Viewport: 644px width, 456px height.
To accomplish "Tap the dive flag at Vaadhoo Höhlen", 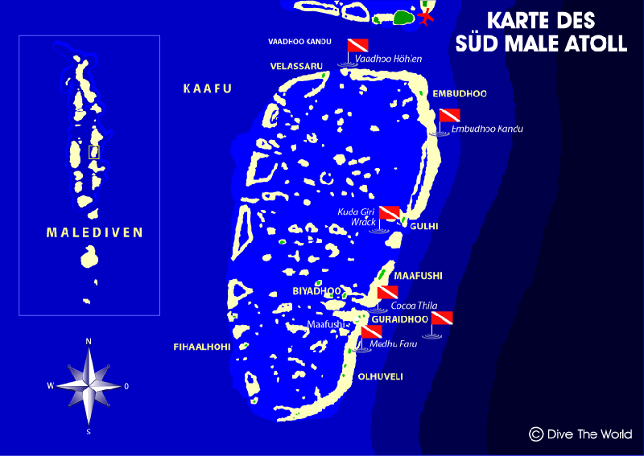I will point(357,45).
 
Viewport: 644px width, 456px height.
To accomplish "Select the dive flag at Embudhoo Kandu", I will point(449,115).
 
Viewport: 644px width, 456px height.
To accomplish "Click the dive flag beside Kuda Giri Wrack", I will point(390,212).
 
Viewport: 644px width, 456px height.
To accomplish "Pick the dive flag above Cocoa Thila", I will point(388,292).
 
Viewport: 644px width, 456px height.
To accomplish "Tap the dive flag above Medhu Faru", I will point(371,331).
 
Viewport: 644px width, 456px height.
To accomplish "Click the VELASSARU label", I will point(296,66).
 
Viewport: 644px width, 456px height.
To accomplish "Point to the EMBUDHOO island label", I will point(460,94).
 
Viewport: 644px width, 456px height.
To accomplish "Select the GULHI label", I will point(423,227).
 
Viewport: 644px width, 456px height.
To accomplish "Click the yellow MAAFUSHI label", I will point(418,276).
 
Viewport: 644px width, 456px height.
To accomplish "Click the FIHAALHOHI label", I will point(202,347).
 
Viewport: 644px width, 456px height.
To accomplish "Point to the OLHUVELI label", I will point(381,376).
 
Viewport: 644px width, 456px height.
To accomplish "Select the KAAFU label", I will point(207,89).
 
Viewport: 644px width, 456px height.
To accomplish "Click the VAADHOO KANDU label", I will point(299,41).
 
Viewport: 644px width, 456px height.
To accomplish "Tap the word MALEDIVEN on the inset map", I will point(94,233).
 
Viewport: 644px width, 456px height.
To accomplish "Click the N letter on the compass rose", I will point(89,341).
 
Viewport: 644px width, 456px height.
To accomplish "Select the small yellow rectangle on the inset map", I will point(94,151).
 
